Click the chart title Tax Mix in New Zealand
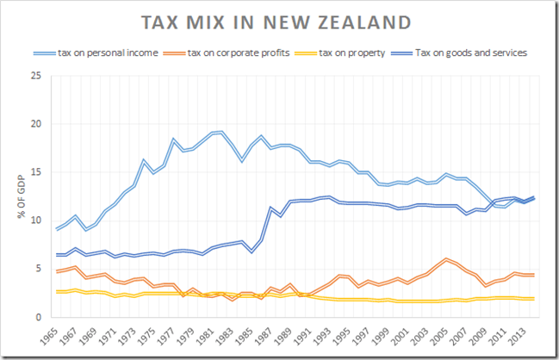pyautogui.click(x=280, y=21)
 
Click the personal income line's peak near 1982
pyautogui.click(x=222, y=132)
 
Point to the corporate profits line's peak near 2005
pyautogui.click(x=446, y=258)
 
